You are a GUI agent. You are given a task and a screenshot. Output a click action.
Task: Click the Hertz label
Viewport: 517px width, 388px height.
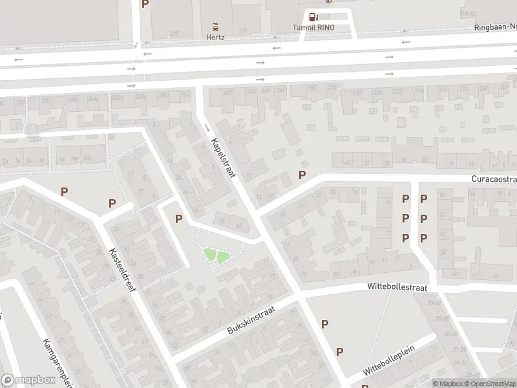[215, 38]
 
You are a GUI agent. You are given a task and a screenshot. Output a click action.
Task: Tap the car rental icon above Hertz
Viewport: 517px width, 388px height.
[215, 27]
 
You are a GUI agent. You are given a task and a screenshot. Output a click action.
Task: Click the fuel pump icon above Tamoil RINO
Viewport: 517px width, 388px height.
[313, 17]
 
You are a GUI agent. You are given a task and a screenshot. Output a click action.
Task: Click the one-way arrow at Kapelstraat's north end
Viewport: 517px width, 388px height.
[206, 126]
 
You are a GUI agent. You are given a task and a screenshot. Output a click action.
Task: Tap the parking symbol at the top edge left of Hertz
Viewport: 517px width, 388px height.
[145, 4]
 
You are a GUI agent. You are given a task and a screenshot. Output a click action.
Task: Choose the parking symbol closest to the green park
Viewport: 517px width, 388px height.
[178, 219]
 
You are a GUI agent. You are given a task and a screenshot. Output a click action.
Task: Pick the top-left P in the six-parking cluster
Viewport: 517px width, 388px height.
[406, 199]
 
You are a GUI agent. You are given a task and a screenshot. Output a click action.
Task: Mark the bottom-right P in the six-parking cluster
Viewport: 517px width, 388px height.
[423, 238]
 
